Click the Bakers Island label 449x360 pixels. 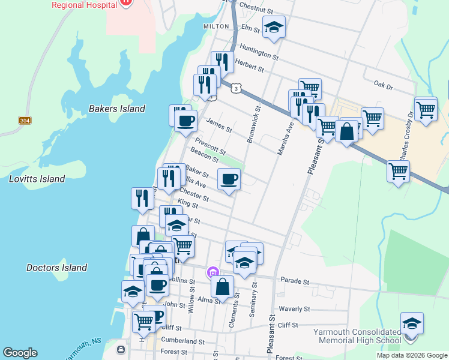[117, 109]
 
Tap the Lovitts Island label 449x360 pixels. [37, 179]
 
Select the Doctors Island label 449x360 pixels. [57, 268]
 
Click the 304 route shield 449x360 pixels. [25, 120]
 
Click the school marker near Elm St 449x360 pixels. [274, 27]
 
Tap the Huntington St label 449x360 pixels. [259, 51]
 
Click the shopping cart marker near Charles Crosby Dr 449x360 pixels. [426, 109]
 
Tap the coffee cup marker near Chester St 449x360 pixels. [229, 179]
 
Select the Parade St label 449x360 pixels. [295, 281]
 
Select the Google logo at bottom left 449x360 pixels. [20, 353]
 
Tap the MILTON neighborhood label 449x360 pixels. [216, 26]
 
